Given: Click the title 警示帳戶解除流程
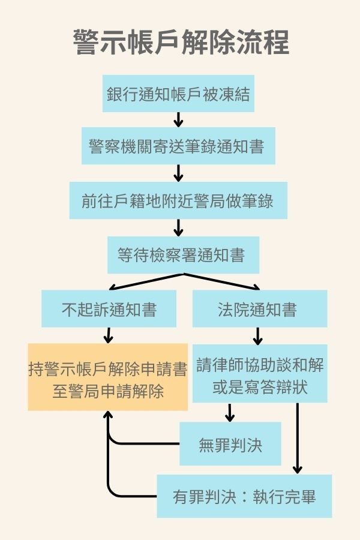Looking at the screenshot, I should pos(180,44).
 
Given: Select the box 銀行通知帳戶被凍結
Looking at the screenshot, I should pos(178,94).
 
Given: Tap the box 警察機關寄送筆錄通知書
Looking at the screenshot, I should pos(178,146).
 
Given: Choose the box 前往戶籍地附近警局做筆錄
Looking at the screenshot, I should pos(178,200).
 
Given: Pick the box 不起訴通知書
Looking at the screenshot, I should pos(109,310).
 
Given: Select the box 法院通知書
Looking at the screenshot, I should pos(259,310).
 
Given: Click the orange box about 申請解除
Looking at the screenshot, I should pos(108,377).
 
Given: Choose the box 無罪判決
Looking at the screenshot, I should pos(230,444).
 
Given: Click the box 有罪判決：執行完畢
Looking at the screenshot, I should pos(244,496).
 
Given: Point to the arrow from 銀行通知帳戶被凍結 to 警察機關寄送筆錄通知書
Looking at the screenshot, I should pos(178,119).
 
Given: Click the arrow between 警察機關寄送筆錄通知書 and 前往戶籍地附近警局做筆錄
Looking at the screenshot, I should pos(178,173).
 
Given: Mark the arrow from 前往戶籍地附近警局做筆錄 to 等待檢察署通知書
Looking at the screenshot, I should pos(178,227).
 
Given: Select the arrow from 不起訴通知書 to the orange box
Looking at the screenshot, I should pos(109,335).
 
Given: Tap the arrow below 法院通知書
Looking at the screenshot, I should pos(258,335).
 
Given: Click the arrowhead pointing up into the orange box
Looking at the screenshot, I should pos(108,416).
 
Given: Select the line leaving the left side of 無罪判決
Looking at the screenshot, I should pos(144,444).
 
